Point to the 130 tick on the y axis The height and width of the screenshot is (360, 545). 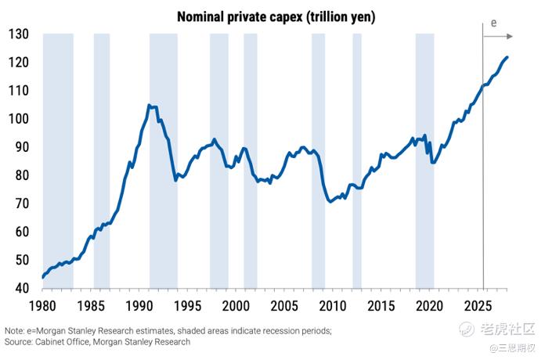[19, 34]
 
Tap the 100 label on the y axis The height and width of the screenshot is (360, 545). [19, 119]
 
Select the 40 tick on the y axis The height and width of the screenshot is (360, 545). [21, 289]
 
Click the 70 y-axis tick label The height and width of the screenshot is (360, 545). [21, 203]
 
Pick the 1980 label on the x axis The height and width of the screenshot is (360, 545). [43, 304]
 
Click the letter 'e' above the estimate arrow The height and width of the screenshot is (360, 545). [493, 23]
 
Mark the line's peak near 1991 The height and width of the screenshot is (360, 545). [149, 105]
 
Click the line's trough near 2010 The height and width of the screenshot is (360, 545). [330, 202]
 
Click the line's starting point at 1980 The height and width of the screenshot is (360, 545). [43, 277]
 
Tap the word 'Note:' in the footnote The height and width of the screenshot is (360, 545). [14, 331]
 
